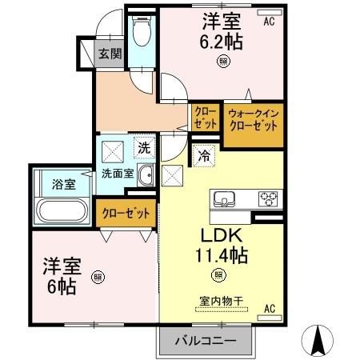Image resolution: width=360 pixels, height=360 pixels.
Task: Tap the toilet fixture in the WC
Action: pos(142,34)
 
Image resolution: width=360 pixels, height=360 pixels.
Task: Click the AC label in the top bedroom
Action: pos(269,22)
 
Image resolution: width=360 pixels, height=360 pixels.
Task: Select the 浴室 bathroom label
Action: pos(64,185)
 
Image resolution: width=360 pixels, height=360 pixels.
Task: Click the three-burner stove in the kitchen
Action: pos(266,198)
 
